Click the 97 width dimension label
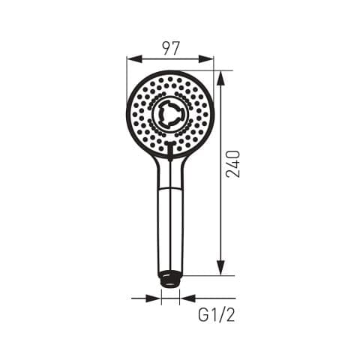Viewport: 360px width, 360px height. [x=171, y=49]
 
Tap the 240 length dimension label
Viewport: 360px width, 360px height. [x=232, y=164]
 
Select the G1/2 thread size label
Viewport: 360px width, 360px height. [x=217, y=315]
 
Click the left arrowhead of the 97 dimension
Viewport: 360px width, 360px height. [x=134, y=59]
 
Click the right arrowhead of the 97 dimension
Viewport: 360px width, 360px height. [x=206, y=59]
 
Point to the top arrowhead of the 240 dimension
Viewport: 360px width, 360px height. [x=220, y=79]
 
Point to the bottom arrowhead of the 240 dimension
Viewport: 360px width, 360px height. [x=220, y=268]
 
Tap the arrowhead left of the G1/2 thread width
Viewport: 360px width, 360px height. [x=154, y=298]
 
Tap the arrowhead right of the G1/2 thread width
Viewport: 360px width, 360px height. [x=187, y=298]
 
